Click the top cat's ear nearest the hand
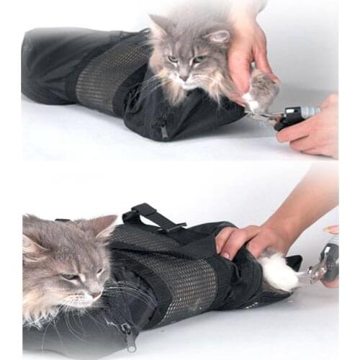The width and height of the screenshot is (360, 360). (x=216, y=35)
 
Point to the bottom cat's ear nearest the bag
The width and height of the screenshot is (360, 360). (x=103, y=228)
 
